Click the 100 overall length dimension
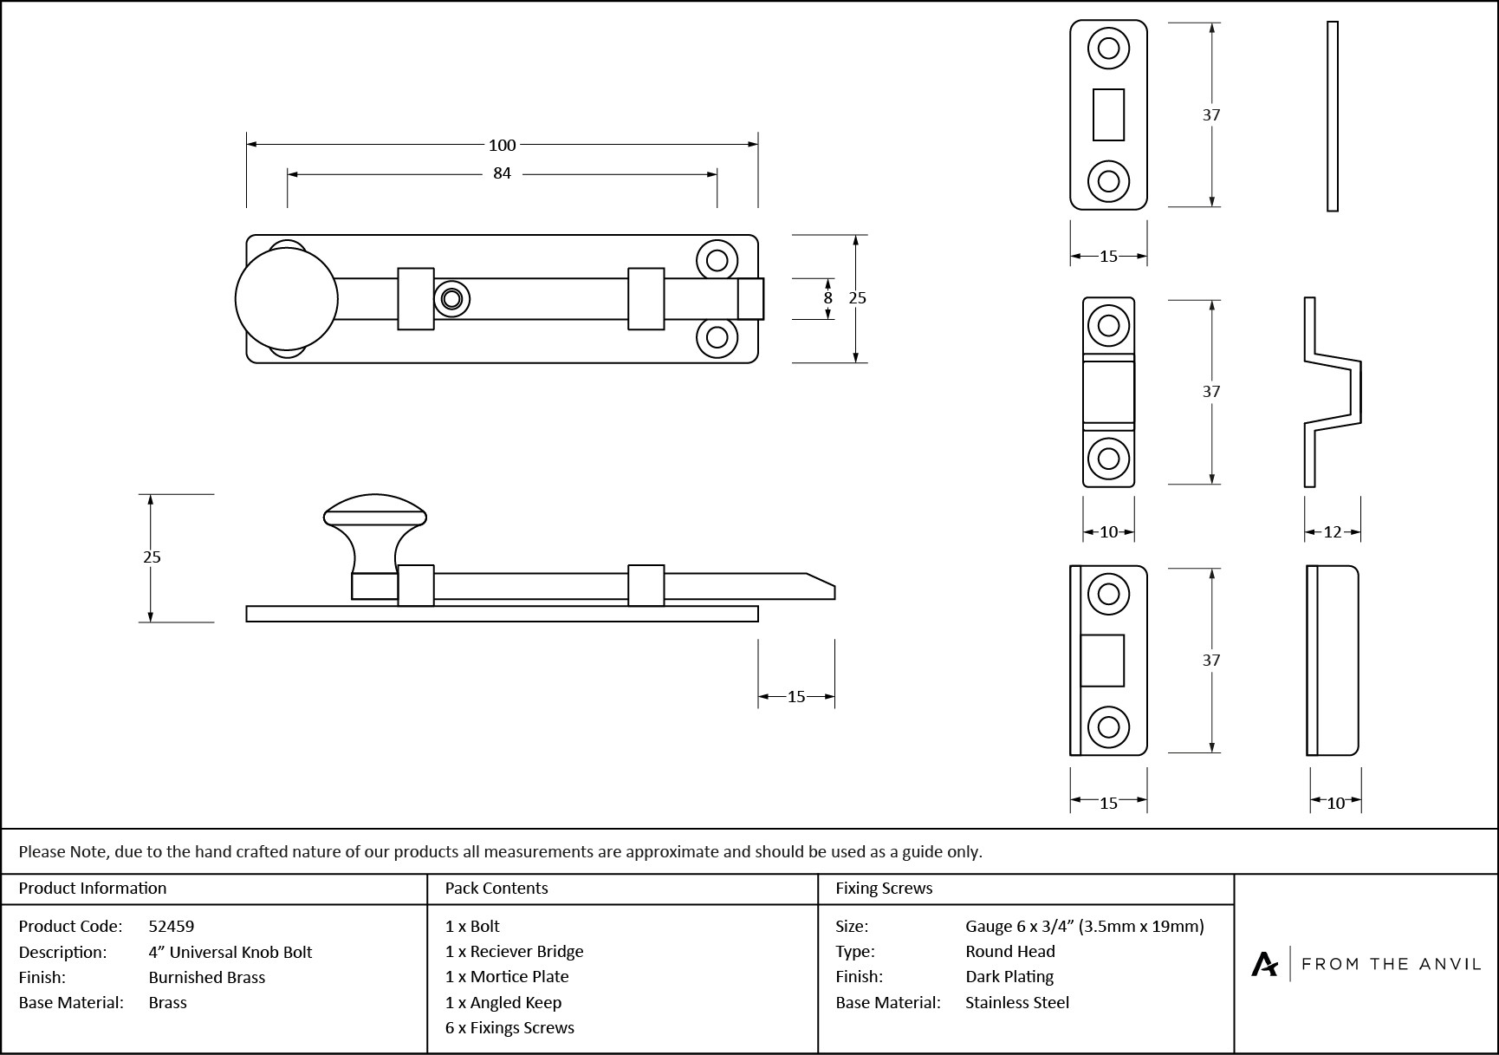502,146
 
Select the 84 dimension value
502,173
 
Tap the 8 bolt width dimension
827,297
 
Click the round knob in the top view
286,299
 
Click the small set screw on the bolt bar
451,299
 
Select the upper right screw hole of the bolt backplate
717,260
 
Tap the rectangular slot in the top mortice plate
1108,114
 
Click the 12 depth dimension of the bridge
1333,532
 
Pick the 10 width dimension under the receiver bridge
1108,532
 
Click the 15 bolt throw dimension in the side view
796,696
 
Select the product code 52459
172,926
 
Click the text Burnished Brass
207,977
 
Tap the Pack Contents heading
496,889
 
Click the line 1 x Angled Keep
503,1002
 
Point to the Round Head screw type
1010,951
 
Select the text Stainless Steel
1017,1002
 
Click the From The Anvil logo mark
1264,964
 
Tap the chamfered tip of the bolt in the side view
821,585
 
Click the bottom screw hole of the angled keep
1108,726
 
